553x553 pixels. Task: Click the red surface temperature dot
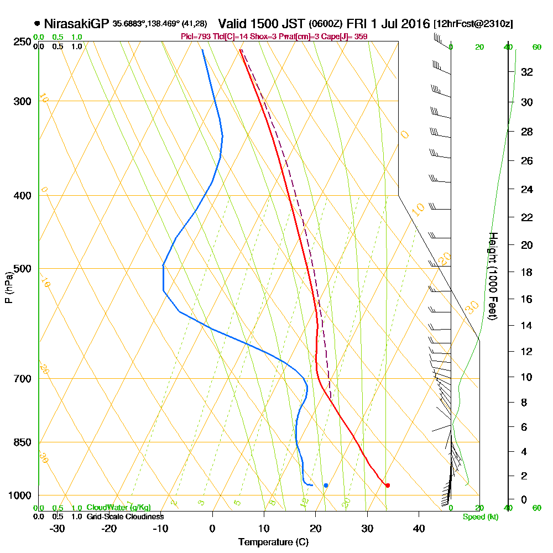(387, 486)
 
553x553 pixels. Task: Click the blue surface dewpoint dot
(326, 486)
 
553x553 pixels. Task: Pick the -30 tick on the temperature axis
(57, 528)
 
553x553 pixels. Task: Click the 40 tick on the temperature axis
(419, 528)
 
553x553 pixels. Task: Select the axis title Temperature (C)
(273, 542)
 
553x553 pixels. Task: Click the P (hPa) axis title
(8, 288)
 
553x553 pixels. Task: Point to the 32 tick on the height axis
(526, 72)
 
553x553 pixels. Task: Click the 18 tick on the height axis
(526, 272)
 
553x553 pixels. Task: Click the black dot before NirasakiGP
(37, 24)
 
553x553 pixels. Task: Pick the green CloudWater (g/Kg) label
(118, 508)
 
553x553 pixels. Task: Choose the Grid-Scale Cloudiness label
(124, 517)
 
